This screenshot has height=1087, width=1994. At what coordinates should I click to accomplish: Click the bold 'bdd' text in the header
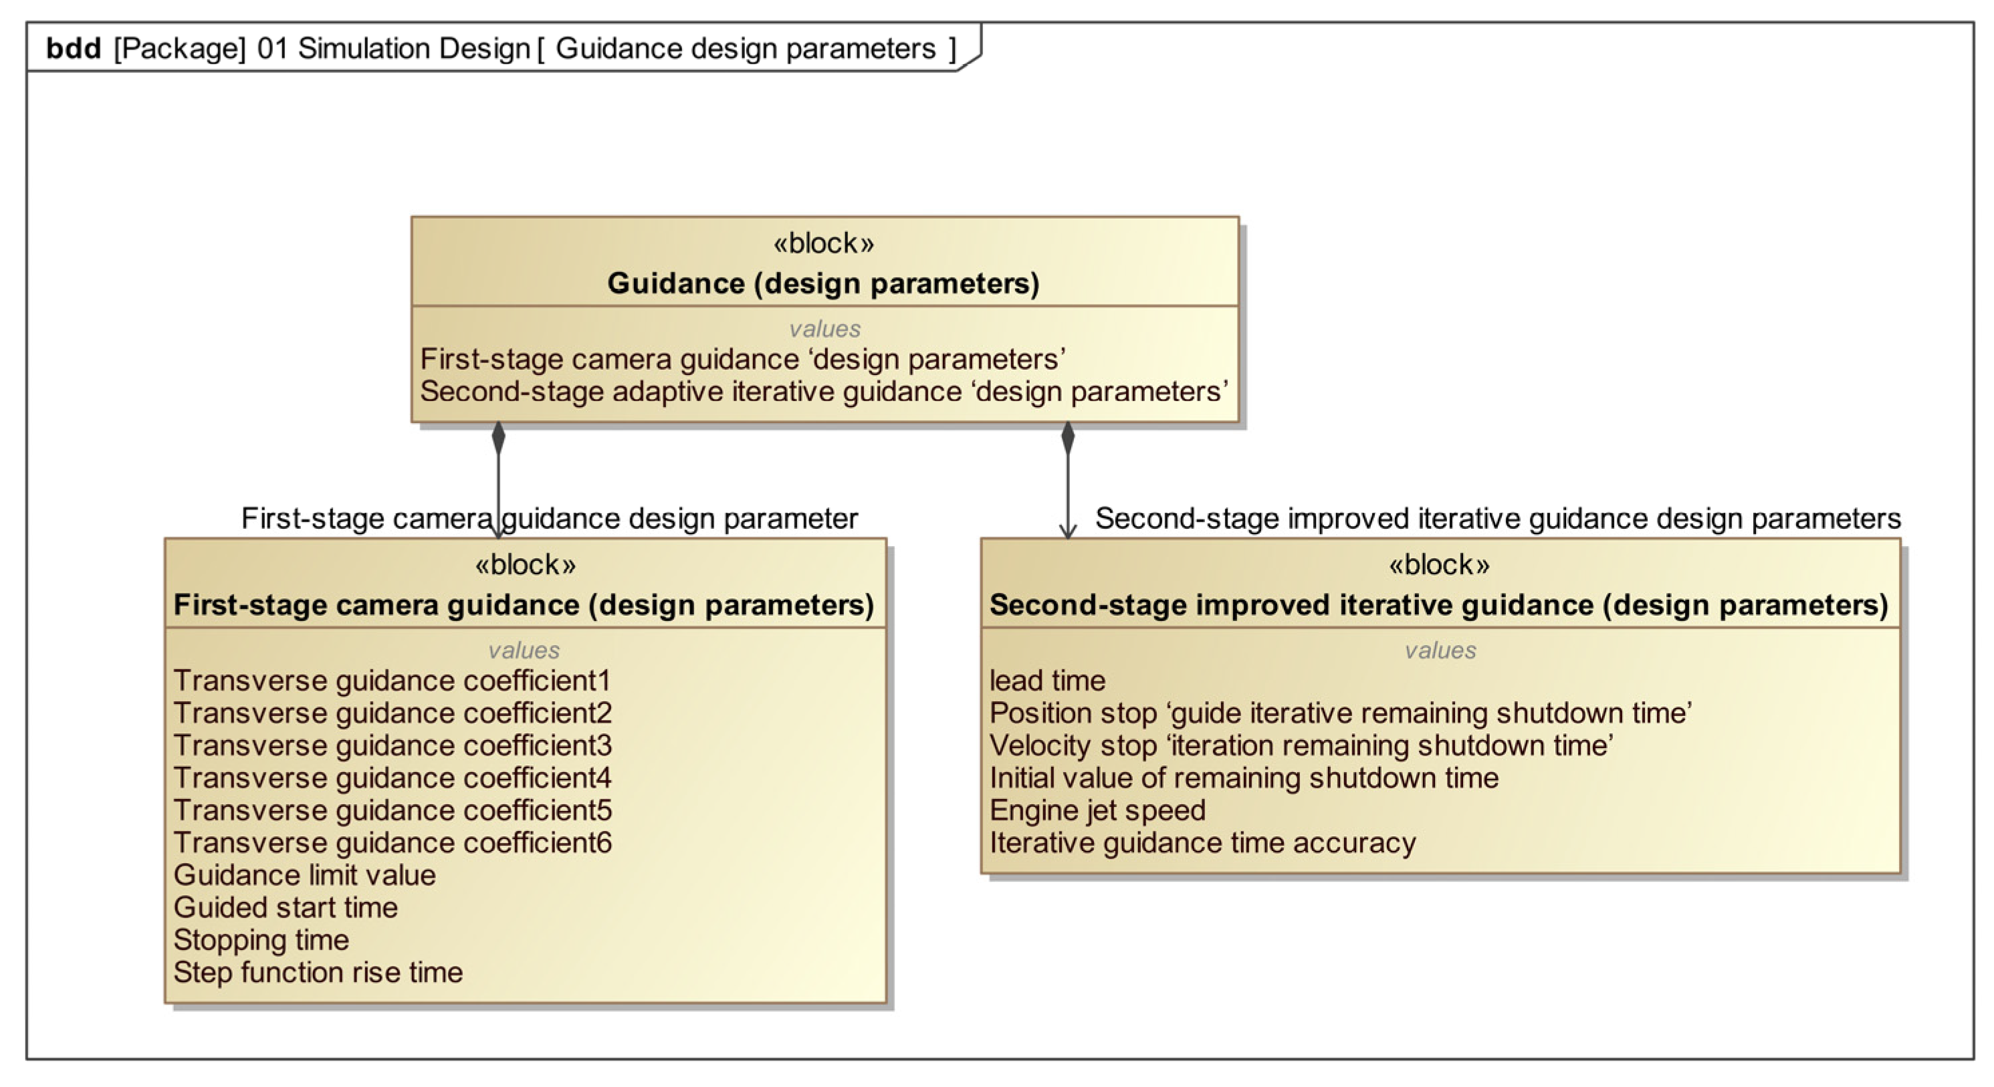tap(74, 49)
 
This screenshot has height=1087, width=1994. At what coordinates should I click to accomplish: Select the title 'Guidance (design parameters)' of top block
tap(823, 283)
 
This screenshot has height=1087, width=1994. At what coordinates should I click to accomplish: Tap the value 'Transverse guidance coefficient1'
tap(392, 681)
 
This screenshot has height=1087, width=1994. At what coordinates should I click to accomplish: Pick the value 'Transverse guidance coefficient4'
tap(392, 777)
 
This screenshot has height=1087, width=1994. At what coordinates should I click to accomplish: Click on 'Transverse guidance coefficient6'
tap(392, 842)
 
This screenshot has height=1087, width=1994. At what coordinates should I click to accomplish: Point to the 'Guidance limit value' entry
tap(304, 875)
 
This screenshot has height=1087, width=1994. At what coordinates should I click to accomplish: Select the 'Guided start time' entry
tap(285, 908)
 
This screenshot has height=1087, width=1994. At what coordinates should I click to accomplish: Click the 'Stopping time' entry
tap(261, 940)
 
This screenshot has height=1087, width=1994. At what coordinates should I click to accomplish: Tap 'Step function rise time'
tap(318, 973)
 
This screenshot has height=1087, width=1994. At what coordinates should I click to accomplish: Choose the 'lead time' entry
tap(1047, 681)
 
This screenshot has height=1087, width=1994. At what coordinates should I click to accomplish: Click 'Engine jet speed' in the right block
tap(1097, 810)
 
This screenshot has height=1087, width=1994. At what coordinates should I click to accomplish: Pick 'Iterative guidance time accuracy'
tap(1202, 842)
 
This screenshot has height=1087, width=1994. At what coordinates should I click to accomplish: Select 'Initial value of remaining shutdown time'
tap(1243, 777)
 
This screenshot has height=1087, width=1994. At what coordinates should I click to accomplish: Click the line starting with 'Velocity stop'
tap(1301, 745)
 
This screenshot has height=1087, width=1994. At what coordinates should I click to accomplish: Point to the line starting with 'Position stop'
tap(1340, 713)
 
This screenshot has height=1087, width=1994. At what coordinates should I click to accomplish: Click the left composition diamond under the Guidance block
tap(499, 438)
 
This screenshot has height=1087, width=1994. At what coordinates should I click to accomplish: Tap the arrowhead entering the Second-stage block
tap(1067, 531)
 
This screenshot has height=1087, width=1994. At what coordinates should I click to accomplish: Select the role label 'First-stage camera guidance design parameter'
tap(549, 518)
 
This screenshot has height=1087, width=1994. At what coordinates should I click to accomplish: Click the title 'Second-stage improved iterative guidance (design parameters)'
tap(1438, 605)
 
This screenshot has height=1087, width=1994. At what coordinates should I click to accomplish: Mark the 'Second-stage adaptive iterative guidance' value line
tap(823, 392)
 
